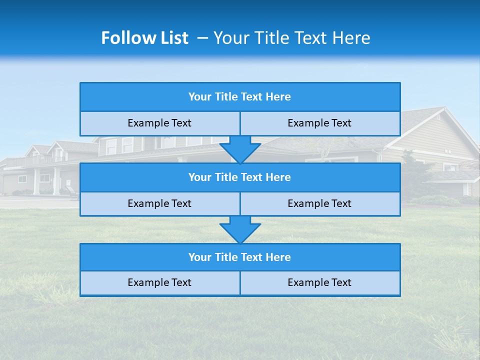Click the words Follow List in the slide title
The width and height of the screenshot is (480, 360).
144,38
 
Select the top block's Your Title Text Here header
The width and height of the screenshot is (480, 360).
239,97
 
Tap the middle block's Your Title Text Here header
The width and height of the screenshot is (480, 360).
239,177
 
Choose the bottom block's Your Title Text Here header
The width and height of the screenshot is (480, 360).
239,257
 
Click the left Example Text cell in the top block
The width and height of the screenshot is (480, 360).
159,123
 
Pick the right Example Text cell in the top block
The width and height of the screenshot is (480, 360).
319,123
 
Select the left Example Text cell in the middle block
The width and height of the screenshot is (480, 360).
159,204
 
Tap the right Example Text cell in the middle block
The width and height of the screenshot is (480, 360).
319,204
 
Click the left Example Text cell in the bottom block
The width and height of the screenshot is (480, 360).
159,283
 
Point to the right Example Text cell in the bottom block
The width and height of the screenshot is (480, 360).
319,283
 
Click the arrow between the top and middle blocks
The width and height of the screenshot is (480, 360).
240,149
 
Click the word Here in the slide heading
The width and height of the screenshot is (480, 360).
352,38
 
